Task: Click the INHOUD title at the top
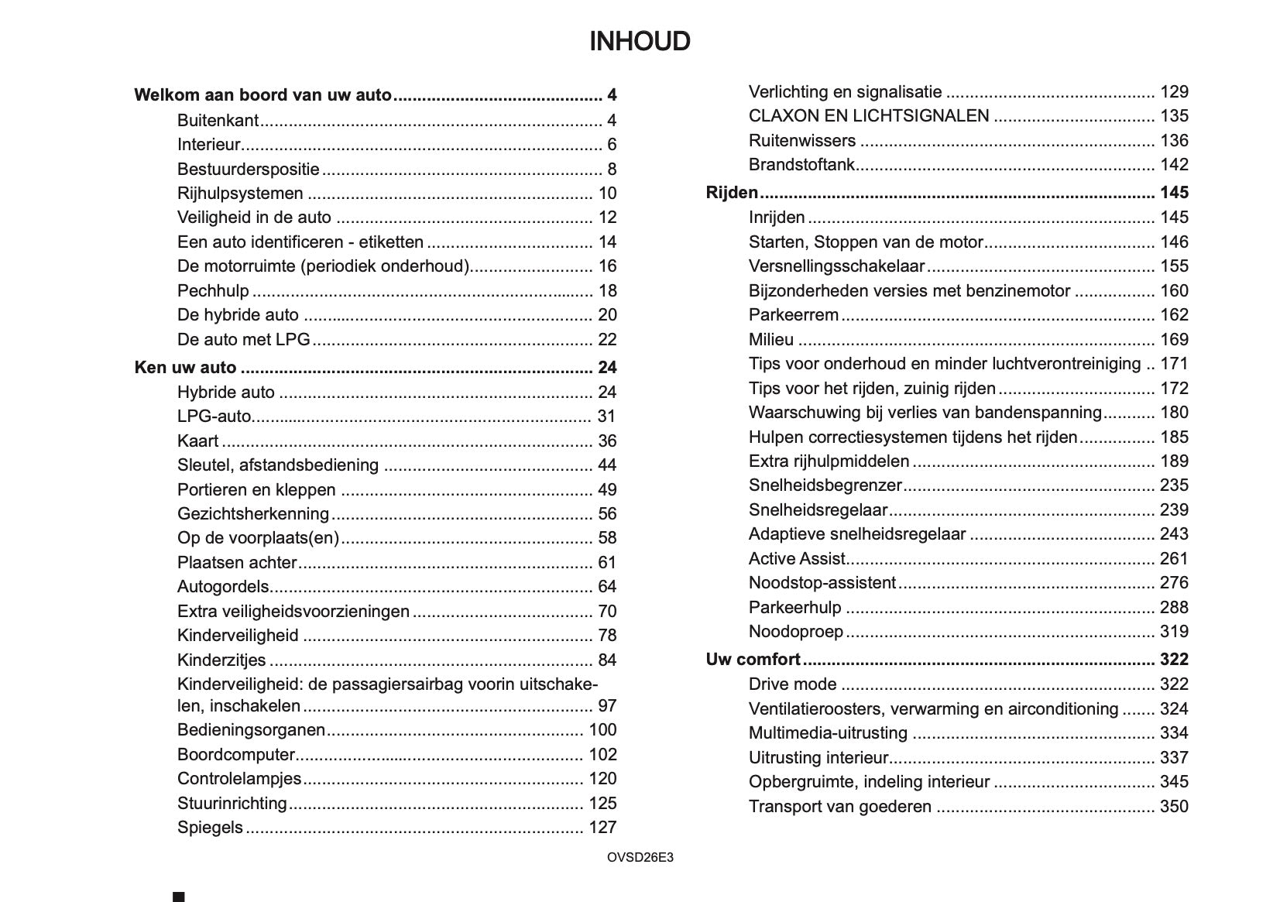pyautogui.click(x=640, y=42)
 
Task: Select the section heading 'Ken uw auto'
pyautogui.click(x=185, y=368)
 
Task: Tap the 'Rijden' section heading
pyautogui.click(x=732, y=193)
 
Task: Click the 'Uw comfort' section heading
pyautogui.click(x=753, y=660)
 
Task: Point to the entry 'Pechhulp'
pyautogui.click(x=213, y=291)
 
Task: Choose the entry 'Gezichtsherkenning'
pyautogui.click(x=253, y=514)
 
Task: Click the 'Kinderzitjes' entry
pyautogui.click(x=221, y=660)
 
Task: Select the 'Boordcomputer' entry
pyautogui.click(x=236, y=755)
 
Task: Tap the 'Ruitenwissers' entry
pyautogui.click(x=802, y=141)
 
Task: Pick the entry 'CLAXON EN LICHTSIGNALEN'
pyautogui.click(x=869, y=116)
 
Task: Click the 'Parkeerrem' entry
pyautogui.click(x=794, y=315)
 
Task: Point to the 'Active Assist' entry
pyautogui.click(x=797, y=559)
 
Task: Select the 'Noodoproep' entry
pyautogui.click(x=796, y=632)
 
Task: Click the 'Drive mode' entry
pyautogui.click(x=792, y=684)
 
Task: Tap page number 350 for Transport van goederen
pyautogui.click(x=1174, y=807)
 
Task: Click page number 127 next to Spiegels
pyautogui.click(x=602, y=828)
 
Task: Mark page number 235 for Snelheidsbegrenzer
pyautogui.click(x=1174, y=485)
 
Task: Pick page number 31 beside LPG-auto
pyautogui.click(x=606, y=417)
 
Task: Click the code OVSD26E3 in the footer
pyautogui.click(x=640, y=858)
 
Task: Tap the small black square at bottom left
pyautogui.click(x=179, y=897)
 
